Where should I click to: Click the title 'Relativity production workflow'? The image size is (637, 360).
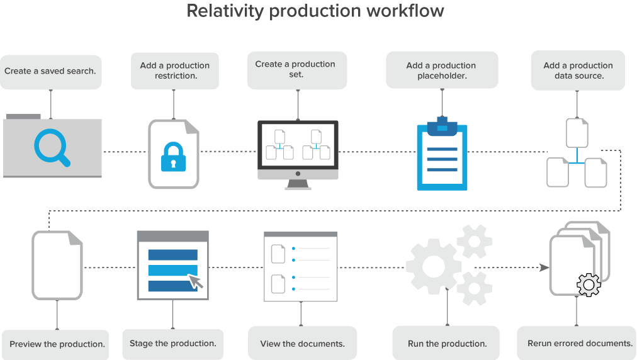[315, 11]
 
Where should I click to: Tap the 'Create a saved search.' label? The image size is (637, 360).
[50, 71]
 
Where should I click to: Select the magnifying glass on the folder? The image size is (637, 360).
[51, 148]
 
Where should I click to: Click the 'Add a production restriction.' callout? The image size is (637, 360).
[175, 70]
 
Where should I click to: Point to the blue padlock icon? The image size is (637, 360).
[174, 156]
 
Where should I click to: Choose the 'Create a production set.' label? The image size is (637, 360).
[295, 69]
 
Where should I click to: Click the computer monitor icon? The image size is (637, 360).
[298, 152]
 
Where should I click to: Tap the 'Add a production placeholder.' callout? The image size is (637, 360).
[441, 70]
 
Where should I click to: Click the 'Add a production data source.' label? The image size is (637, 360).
[578, 70]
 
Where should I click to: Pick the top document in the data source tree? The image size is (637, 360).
[577, 133]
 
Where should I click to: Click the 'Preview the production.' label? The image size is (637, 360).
[57, 344]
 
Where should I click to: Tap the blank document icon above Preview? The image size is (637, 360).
[57, 265]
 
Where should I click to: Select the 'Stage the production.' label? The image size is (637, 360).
[172, 344]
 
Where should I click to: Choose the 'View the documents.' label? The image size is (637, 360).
[302, 344]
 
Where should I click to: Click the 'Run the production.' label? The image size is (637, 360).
[447, 344]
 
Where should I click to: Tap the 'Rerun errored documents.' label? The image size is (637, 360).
[580, 344]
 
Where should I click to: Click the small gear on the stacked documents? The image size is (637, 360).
[588, 285]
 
